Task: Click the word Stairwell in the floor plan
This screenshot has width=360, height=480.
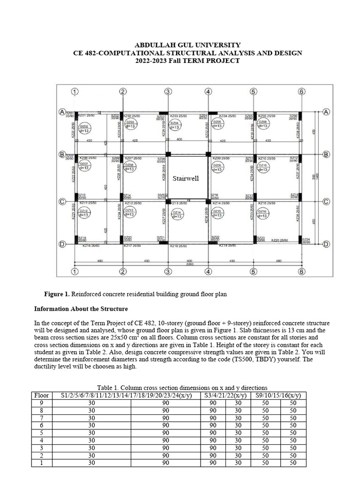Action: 187,179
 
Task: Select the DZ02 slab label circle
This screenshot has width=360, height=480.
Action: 85,128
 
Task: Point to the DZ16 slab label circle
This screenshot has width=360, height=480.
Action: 263,213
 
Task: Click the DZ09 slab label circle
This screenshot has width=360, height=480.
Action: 217,168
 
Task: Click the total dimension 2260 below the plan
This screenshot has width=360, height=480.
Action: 189,263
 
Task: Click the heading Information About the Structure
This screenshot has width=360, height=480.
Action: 81,309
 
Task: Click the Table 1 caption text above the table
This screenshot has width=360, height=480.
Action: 182,388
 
